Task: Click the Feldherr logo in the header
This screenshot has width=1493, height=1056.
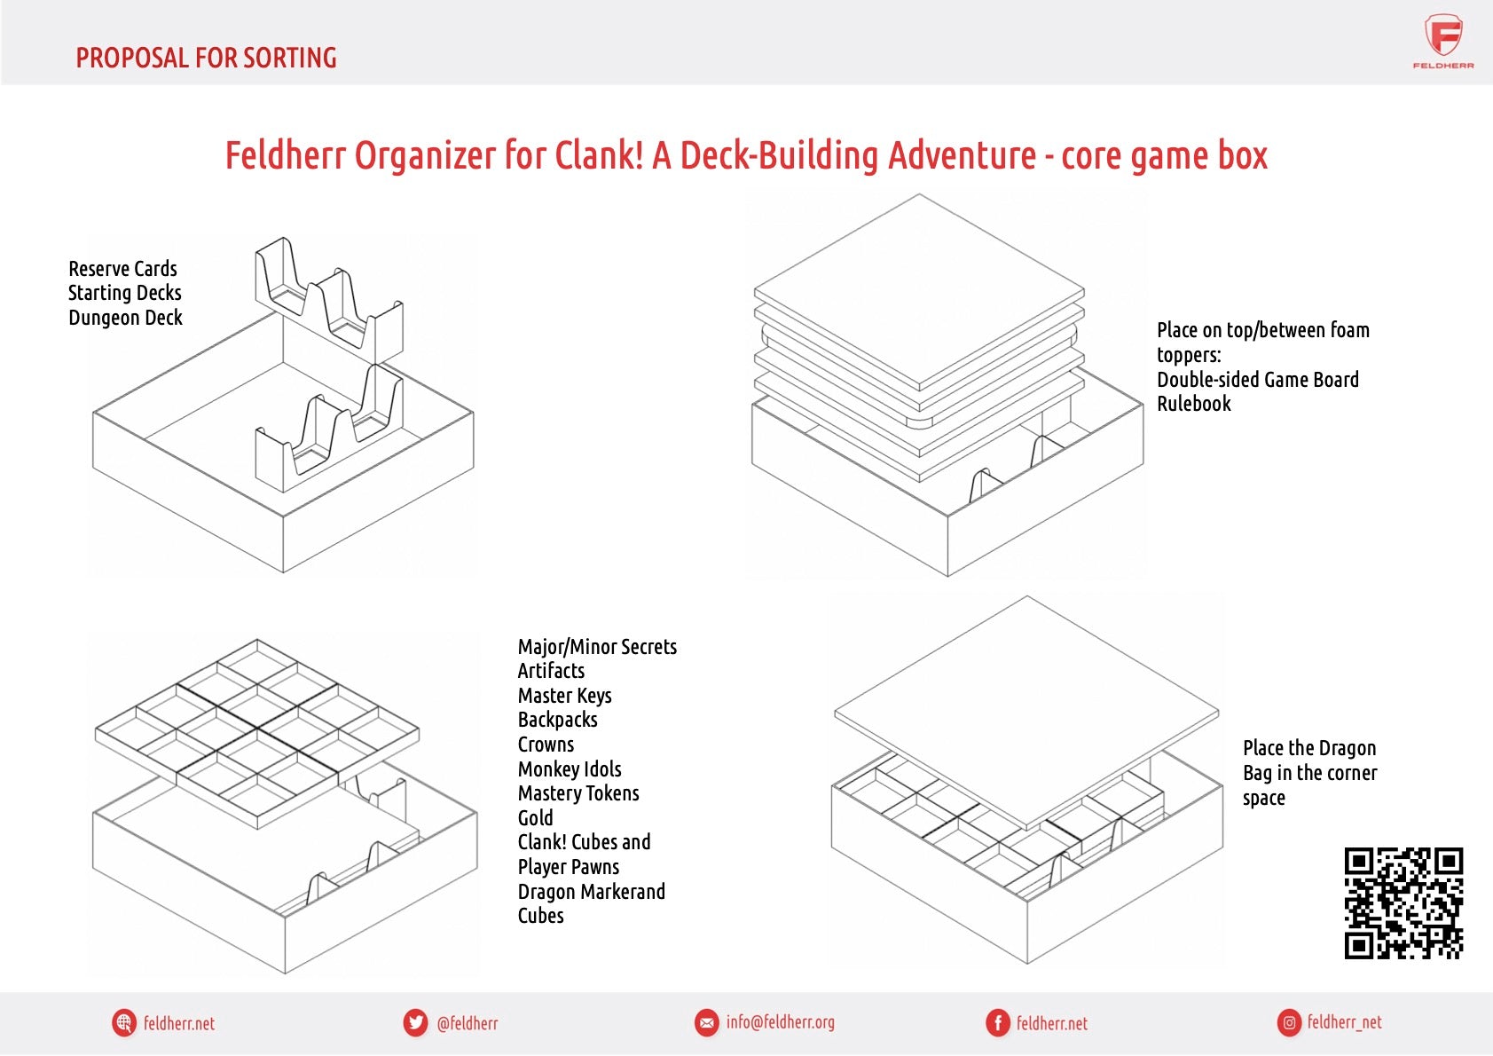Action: [x=1443, y=41]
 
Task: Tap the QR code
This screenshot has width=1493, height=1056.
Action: [x=1403, y=903]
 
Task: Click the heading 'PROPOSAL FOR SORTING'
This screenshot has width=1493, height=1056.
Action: [x=206, y=59]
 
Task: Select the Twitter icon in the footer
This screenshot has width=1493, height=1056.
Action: [x=415, y=1023]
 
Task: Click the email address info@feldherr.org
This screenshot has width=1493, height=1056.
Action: [x=780, y=1022]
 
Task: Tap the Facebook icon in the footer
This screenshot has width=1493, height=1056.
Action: [x=998, y=1023]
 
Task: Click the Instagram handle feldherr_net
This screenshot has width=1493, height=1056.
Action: [x=1344, y=1022]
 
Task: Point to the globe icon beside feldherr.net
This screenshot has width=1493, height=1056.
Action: [x=124, y=1023]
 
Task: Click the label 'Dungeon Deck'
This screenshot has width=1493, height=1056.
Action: [x=125, y=318]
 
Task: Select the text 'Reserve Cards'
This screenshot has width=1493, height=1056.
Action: [x=122, y=269]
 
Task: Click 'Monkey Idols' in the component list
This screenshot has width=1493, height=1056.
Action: [x=570, y=769]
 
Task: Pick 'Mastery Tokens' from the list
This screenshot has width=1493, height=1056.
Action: [x=578, y=793]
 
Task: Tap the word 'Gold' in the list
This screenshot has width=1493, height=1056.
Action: [x=535, y=818]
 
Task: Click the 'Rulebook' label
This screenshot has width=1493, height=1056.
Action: [x=1193, y=404]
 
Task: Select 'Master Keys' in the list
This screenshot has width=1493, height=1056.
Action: [x=564, y=696]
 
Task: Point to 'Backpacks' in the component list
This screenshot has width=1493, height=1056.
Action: [x=557, y=720]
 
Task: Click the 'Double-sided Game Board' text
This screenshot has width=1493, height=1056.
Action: [x=1257, y=380]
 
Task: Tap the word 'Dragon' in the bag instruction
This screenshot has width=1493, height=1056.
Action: [x=1345, y=748]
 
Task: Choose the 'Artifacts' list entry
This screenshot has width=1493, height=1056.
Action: [x=551, y=671]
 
